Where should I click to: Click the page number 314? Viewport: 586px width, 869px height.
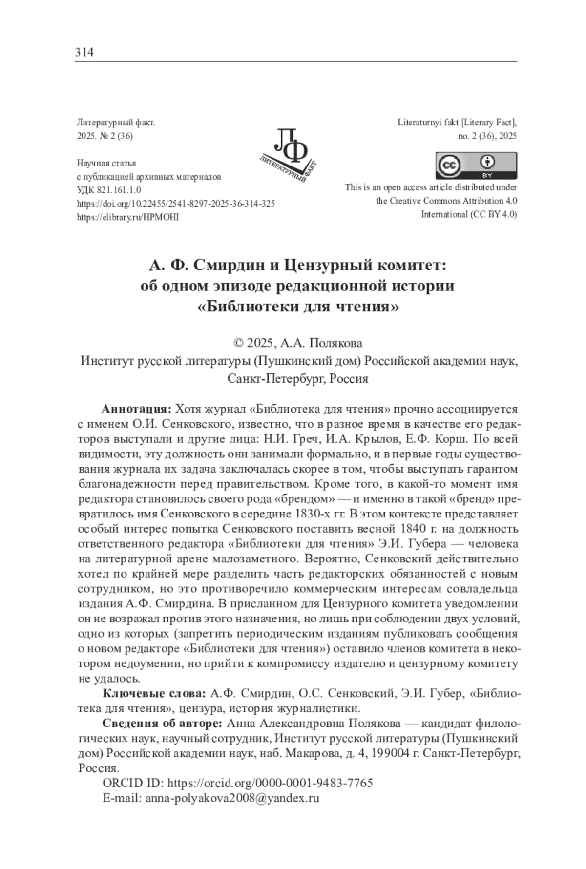[x=84, y=52]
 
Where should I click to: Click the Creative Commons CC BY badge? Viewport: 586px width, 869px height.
[x=476, y=166]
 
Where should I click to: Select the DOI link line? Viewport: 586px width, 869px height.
[x=176, y=204]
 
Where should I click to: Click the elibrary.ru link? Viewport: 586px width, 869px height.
[x=128, y=217]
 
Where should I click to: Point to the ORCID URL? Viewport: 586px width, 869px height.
[x=270, y=783]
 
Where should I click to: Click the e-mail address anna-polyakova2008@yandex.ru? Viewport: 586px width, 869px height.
[x=232, y=798]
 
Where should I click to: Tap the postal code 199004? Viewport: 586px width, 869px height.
[x=391, y=753]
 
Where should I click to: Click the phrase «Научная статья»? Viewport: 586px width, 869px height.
[x=106, y=164]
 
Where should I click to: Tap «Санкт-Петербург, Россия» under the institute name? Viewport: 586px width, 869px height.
[x=297, y=379]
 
